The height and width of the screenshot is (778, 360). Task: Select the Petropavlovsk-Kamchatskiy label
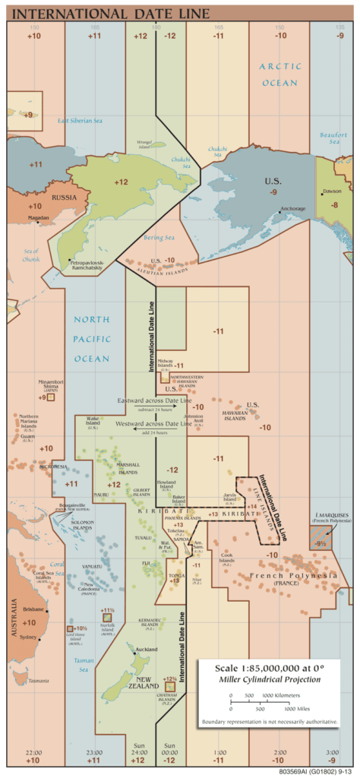pyautogui.click(x=84, y=265)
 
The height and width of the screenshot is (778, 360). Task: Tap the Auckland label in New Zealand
pyautogui.click(x=146, y=650)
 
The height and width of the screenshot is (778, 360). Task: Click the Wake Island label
pyautogui.click(x=93, y=420)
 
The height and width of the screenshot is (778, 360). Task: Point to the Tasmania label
pyautogui.click(x=38, y=681)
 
